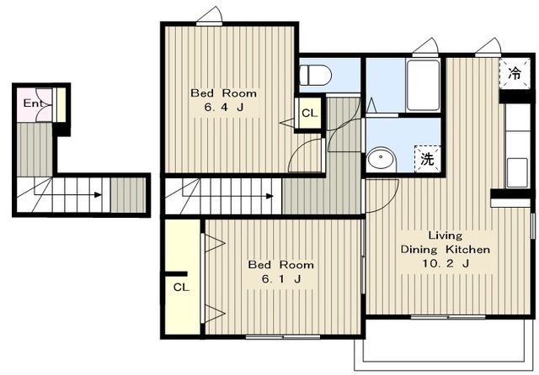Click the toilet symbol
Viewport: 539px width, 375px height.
315,75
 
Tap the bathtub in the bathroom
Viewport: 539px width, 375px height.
423,85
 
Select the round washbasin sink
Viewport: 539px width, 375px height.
382,160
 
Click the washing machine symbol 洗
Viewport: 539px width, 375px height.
427,159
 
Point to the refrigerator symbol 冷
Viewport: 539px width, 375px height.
515,73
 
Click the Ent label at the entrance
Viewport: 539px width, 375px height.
33,103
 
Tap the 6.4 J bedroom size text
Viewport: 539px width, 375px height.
224,108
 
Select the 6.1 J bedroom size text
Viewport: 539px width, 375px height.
281,279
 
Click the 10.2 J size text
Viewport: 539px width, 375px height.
446,263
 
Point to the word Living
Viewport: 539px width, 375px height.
446,235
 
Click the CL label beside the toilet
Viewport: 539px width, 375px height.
309,113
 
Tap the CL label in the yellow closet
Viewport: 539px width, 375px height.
181,287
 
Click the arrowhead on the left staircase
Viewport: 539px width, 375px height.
99,195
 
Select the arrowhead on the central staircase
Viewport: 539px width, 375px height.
269,196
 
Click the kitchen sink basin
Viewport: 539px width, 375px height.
517,172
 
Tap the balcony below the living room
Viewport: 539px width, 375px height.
444,344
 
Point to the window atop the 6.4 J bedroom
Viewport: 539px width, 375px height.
209,24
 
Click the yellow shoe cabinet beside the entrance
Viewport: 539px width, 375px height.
61,104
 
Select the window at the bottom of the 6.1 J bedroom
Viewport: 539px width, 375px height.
283,337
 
